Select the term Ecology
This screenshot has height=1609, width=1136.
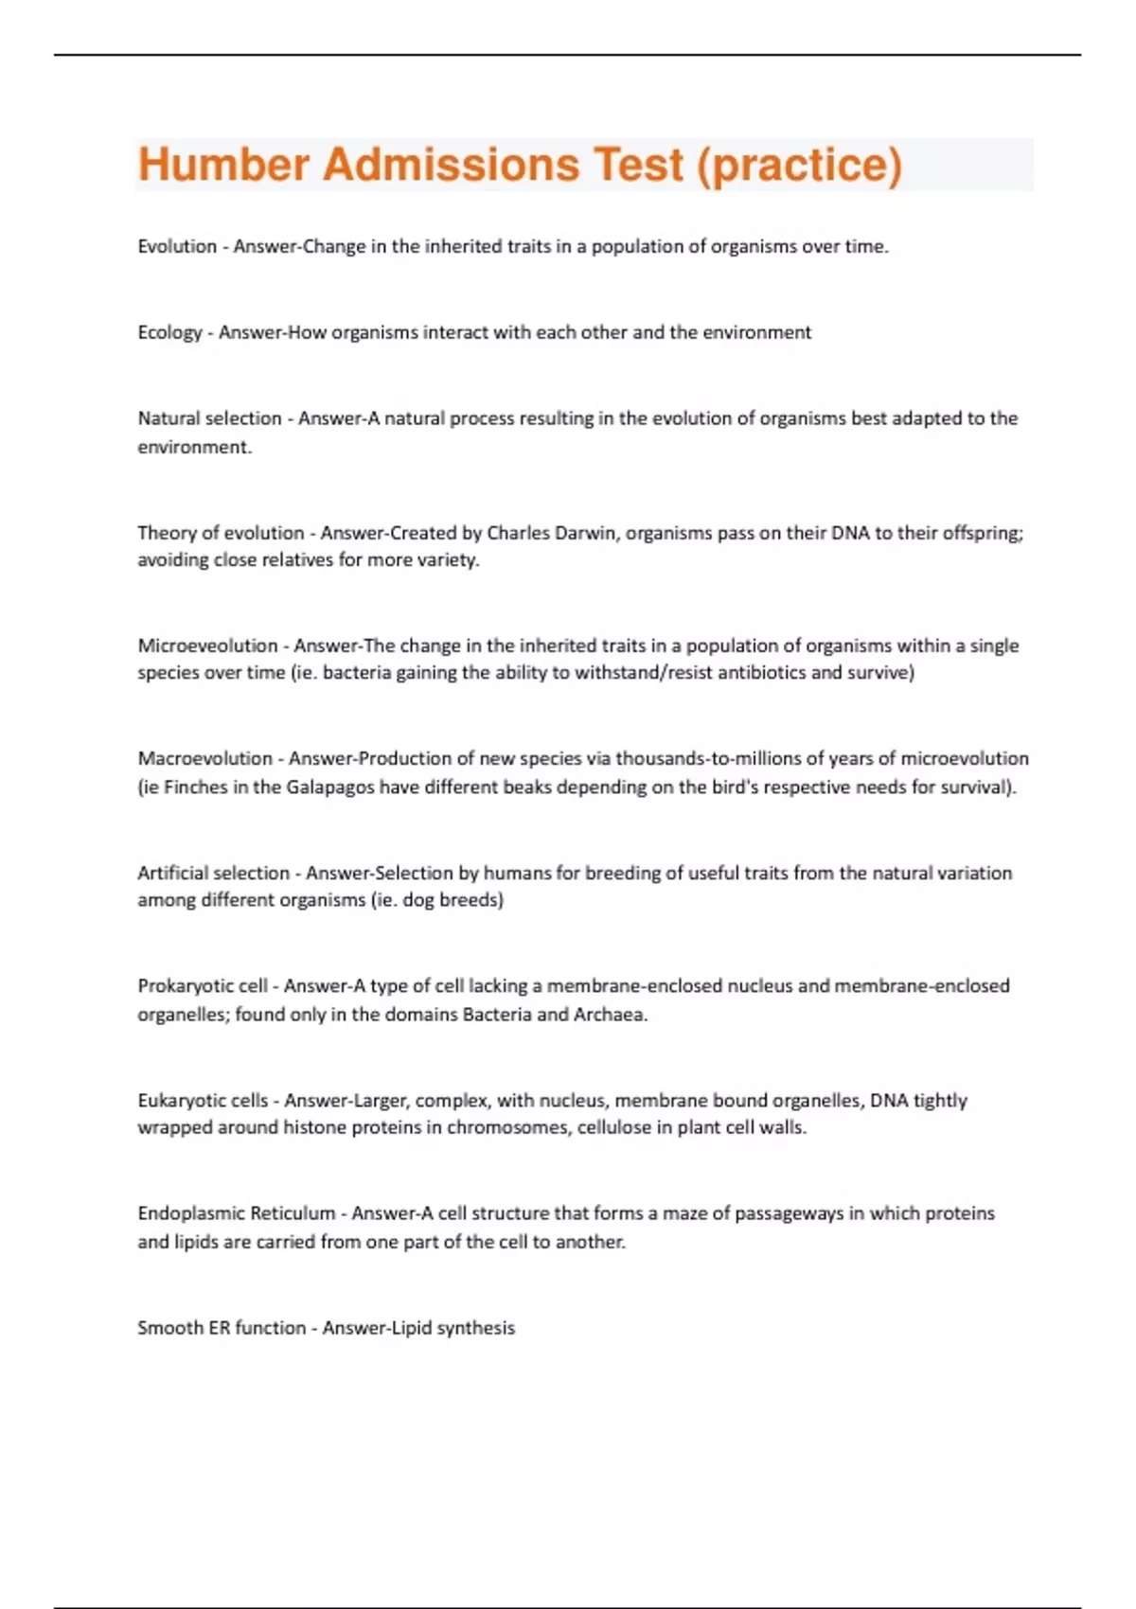tap(169, 332)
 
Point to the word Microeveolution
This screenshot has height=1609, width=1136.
tap(207, 645)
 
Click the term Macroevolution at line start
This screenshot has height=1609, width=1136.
tap(204, 758)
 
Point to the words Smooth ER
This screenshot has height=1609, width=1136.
tap(183, 1328)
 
